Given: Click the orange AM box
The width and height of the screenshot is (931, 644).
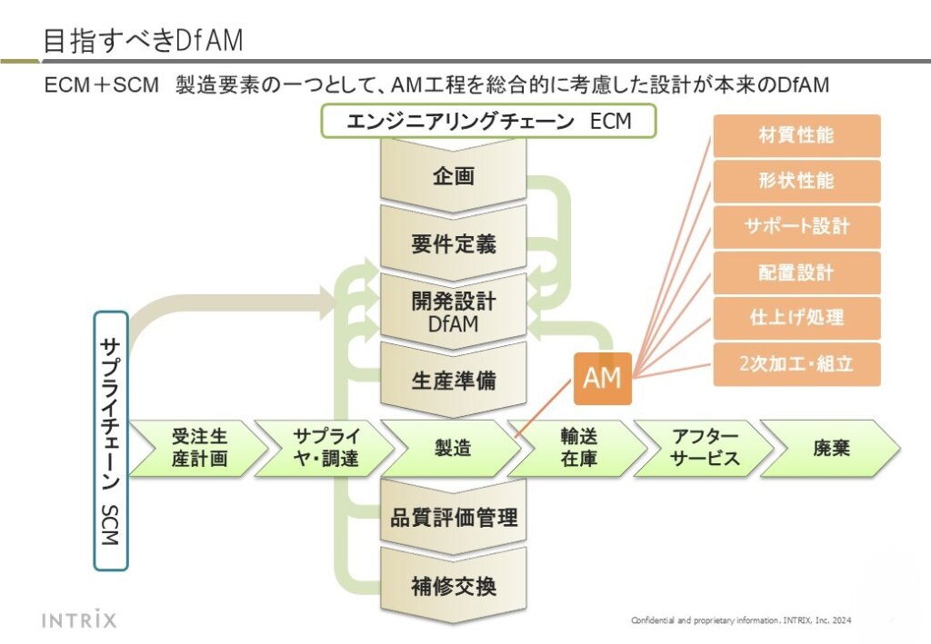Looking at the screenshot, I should (x=602, y=378).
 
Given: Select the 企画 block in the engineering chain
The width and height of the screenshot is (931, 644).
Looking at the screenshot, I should (x=454, y=176).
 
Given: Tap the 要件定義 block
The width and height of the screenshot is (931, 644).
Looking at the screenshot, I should (x=454, y=244).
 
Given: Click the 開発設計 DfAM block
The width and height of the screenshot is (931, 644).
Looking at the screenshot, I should (x=454, y=311).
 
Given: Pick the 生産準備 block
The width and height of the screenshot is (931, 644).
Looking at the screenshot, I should (x=454, y=380).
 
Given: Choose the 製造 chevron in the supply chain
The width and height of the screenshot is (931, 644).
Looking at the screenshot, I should (x=453, y=448).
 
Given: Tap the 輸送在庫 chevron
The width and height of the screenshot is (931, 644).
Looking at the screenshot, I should (x=579, y=448).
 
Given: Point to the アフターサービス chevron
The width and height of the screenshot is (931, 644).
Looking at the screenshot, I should (x=706, y=448).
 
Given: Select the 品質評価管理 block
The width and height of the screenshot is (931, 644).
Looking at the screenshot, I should (x=454, y=517).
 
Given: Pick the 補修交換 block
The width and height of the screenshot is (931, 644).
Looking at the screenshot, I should (x=454, y=586).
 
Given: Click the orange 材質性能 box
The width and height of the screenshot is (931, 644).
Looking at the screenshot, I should (x=796, y=136).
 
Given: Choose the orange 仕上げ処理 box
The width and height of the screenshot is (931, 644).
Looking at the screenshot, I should (x=796, y=318).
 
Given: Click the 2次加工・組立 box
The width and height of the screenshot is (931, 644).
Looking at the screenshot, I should (x=796, y=364).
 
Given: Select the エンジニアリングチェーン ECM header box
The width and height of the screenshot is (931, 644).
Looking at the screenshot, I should (x=488, y=121).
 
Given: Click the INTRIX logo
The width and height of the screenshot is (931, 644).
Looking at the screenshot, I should (x=80, y=620).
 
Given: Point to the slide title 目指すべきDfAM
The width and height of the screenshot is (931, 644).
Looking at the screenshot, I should (x=144, y=40).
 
